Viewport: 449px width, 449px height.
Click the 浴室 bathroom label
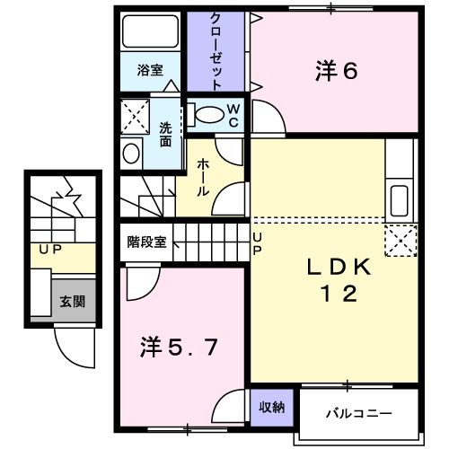coord(150,70)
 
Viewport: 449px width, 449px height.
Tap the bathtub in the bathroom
coord(150,31)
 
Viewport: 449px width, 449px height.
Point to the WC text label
coord(233,116)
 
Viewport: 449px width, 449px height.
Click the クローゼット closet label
coord(216,51)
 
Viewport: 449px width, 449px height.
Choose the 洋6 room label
coord(337,71)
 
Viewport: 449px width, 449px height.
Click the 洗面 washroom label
coord(165,135)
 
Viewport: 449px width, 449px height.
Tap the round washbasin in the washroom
coord(131,154)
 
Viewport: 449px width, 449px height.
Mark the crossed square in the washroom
coord(135,117)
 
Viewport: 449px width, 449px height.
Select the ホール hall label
coord(203,177)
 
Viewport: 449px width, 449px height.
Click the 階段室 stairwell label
coord(146,242)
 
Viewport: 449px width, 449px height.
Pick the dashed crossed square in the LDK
coord(401,241)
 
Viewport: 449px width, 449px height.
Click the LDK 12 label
coord(339,280)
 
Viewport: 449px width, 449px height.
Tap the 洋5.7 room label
coord(179,348)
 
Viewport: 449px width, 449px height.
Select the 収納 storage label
coord(272,407)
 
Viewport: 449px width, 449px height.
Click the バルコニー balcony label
coord(358,414)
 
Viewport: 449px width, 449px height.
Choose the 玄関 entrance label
coord(73,302)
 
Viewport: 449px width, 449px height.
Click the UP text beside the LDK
coord(257,244)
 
